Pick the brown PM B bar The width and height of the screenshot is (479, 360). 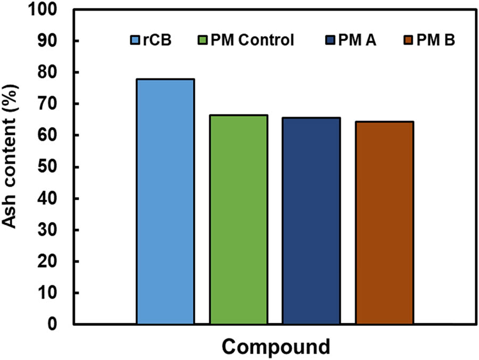click(385, 223)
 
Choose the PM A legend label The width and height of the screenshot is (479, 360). click(358, 40)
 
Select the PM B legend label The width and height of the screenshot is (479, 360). click(434, 40)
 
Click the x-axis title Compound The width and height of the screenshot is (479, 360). click(276, 346)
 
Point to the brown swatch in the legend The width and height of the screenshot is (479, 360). click(404, 40)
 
